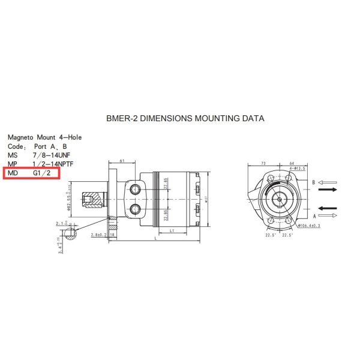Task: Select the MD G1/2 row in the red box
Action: (34, 173)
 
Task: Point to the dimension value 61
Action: (122, 161)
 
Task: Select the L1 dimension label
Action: (172, 230)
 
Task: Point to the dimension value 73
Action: (263, 163)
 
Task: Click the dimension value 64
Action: (292, 163)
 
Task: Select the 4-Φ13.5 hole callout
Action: (298, 169)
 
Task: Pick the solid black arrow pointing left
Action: (328, 209)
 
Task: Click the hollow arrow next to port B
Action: (328, 181)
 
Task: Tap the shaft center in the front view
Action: (280, 199)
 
